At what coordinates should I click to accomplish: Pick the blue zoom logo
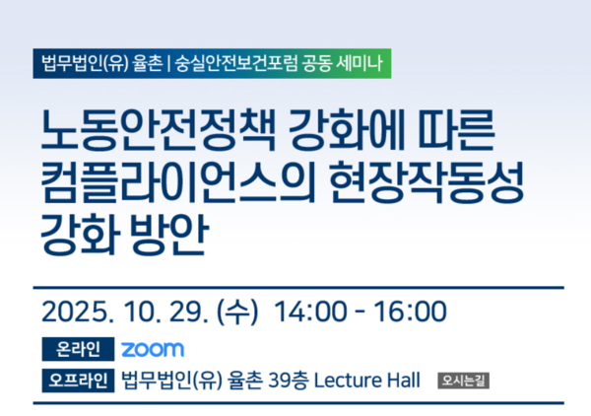point(153,349)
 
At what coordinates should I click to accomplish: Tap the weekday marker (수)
point(235,312)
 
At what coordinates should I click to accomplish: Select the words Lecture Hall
point(366,380)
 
